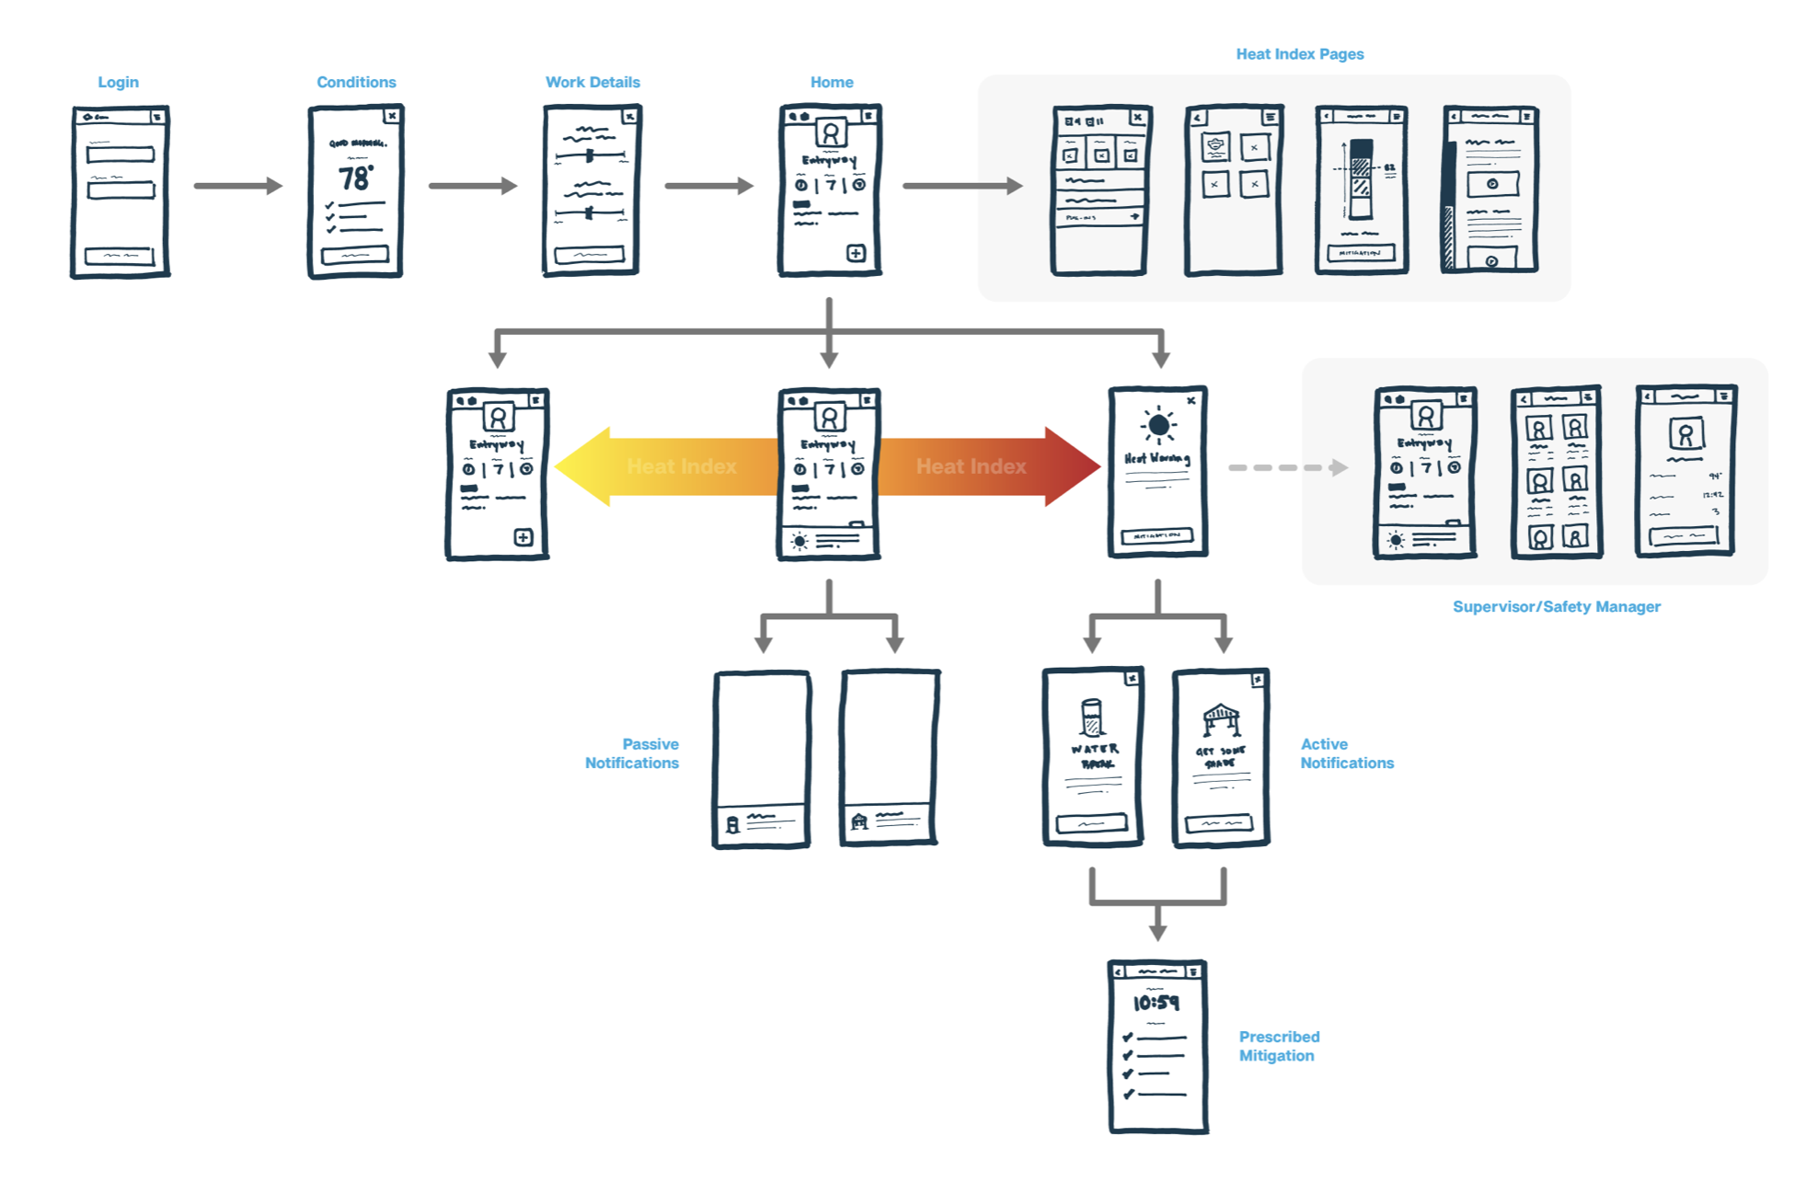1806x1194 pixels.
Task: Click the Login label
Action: point(118,82)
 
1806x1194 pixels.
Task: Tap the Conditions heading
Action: point(356,82)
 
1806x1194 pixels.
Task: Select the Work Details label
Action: point(592,82)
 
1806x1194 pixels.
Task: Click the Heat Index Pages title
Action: point(1299,54)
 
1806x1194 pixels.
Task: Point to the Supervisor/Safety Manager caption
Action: point(1556,606)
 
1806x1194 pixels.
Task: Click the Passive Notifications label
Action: point(633,753)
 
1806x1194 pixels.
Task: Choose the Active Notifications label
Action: point(1346,753)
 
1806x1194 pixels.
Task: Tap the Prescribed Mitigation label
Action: point(1278,1046)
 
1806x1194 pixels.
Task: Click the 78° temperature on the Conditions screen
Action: point(355,177)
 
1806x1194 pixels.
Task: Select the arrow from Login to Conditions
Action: point(237,186)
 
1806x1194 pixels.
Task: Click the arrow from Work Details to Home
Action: point(708,186)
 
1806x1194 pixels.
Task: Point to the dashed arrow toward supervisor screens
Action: point(1287,467)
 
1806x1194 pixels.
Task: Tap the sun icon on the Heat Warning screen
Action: point(1158,425)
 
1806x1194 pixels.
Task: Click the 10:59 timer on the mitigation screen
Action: point(1156,1003)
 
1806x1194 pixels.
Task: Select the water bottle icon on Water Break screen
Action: point(1091,718)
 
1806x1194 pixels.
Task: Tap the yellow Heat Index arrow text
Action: point(682,466)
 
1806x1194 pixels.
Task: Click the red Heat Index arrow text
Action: point(971,466)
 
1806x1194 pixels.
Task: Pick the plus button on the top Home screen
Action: point(856,253)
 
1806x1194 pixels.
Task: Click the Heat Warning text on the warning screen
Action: point(1156,458)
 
